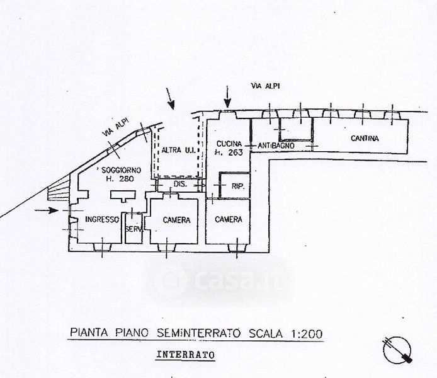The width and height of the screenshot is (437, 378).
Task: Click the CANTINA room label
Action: point(365,139)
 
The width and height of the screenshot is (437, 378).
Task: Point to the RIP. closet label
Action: point(238,186)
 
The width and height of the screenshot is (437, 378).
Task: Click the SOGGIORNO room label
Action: point(120,171)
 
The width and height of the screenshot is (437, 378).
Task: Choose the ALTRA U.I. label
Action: point(177,150)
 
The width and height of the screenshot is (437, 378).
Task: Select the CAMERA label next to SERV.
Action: point(177,220)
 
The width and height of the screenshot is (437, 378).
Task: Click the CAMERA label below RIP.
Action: point(229,219)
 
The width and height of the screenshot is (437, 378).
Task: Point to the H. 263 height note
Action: point(228,152)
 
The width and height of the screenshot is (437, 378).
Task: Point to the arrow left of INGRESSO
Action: point(50,210)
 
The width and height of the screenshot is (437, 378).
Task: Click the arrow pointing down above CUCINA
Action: point(227,96)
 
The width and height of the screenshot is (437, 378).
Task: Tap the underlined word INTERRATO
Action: point(184,355)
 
